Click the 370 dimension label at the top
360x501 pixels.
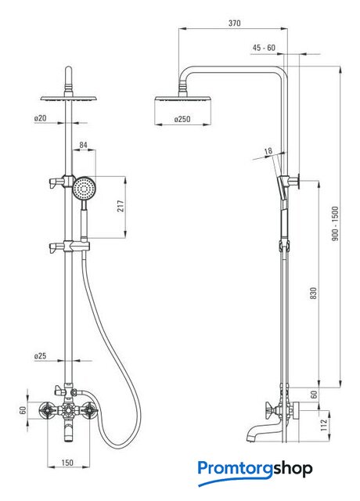click(235, 23)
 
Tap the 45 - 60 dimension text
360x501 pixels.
click(264, 48)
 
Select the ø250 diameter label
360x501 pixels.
click(182, 119)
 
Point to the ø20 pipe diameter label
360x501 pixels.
click(40, 118)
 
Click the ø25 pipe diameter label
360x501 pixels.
click(40, 356)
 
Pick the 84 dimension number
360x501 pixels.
click(84, 145)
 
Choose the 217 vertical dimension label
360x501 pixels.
click(121, 207)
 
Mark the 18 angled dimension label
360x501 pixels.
click(268, 150)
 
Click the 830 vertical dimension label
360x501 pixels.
click(314, 293)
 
